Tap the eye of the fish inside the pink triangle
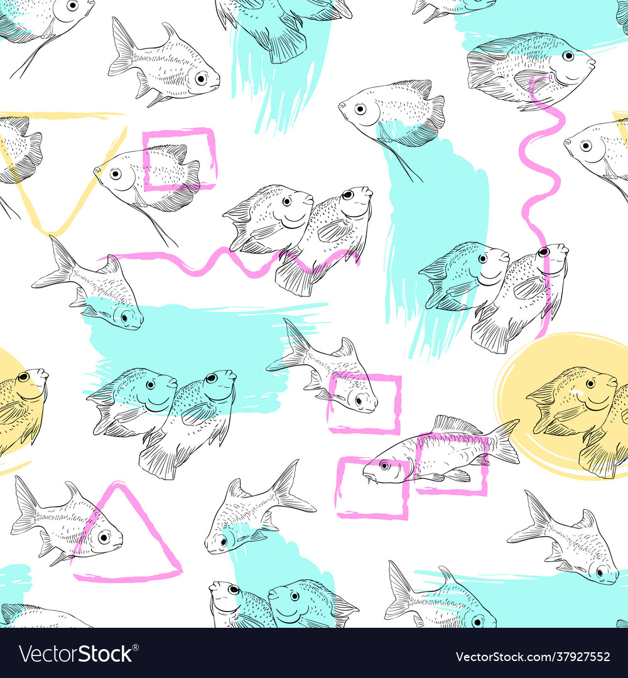click(x=104, y=537)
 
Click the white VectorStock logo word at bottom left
click(x=75, y=654)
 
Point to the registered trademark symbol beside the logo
click(x=136, y=647)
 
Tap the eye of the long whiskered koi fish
click(x=384, y=465)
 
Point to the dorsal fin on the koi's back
click(x=457, y=424)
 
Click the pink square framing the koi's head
click(x=372, y=488)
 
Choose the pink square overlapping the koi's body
click(x=451, y=464)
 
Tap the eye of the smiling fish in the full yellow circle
click(x=590, y=384)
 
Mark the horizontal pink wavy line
click(x=229, y=262)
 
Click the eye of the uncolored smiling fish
click(x=287, y=201)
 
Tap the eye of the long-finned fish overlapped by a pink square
click(x=116, y=174)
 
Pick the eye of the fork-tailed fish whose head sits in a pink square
click(x=360, y=400)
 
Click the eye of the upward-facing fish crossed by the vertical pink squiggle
click(x=543, y=252)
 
